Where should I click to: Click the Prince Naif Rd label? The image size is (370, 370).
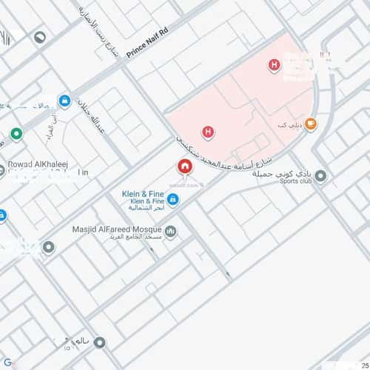(x=148, y=45)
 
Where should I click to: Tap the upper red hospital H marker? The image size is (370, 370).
(x=275, y=66)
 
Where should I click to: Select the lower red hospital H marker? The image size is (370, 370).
(x=208, y=132)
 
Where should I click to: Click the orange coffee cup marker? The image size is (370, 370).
(x=311, y=124)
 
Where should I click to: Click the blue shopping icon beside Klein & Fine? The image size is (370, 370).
(x=172, y=199)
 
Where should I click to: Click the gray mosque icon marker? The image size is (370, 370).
(x=172, y=232)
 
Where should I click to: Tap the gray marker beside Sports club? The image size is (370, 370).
(x=320, y=176)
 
